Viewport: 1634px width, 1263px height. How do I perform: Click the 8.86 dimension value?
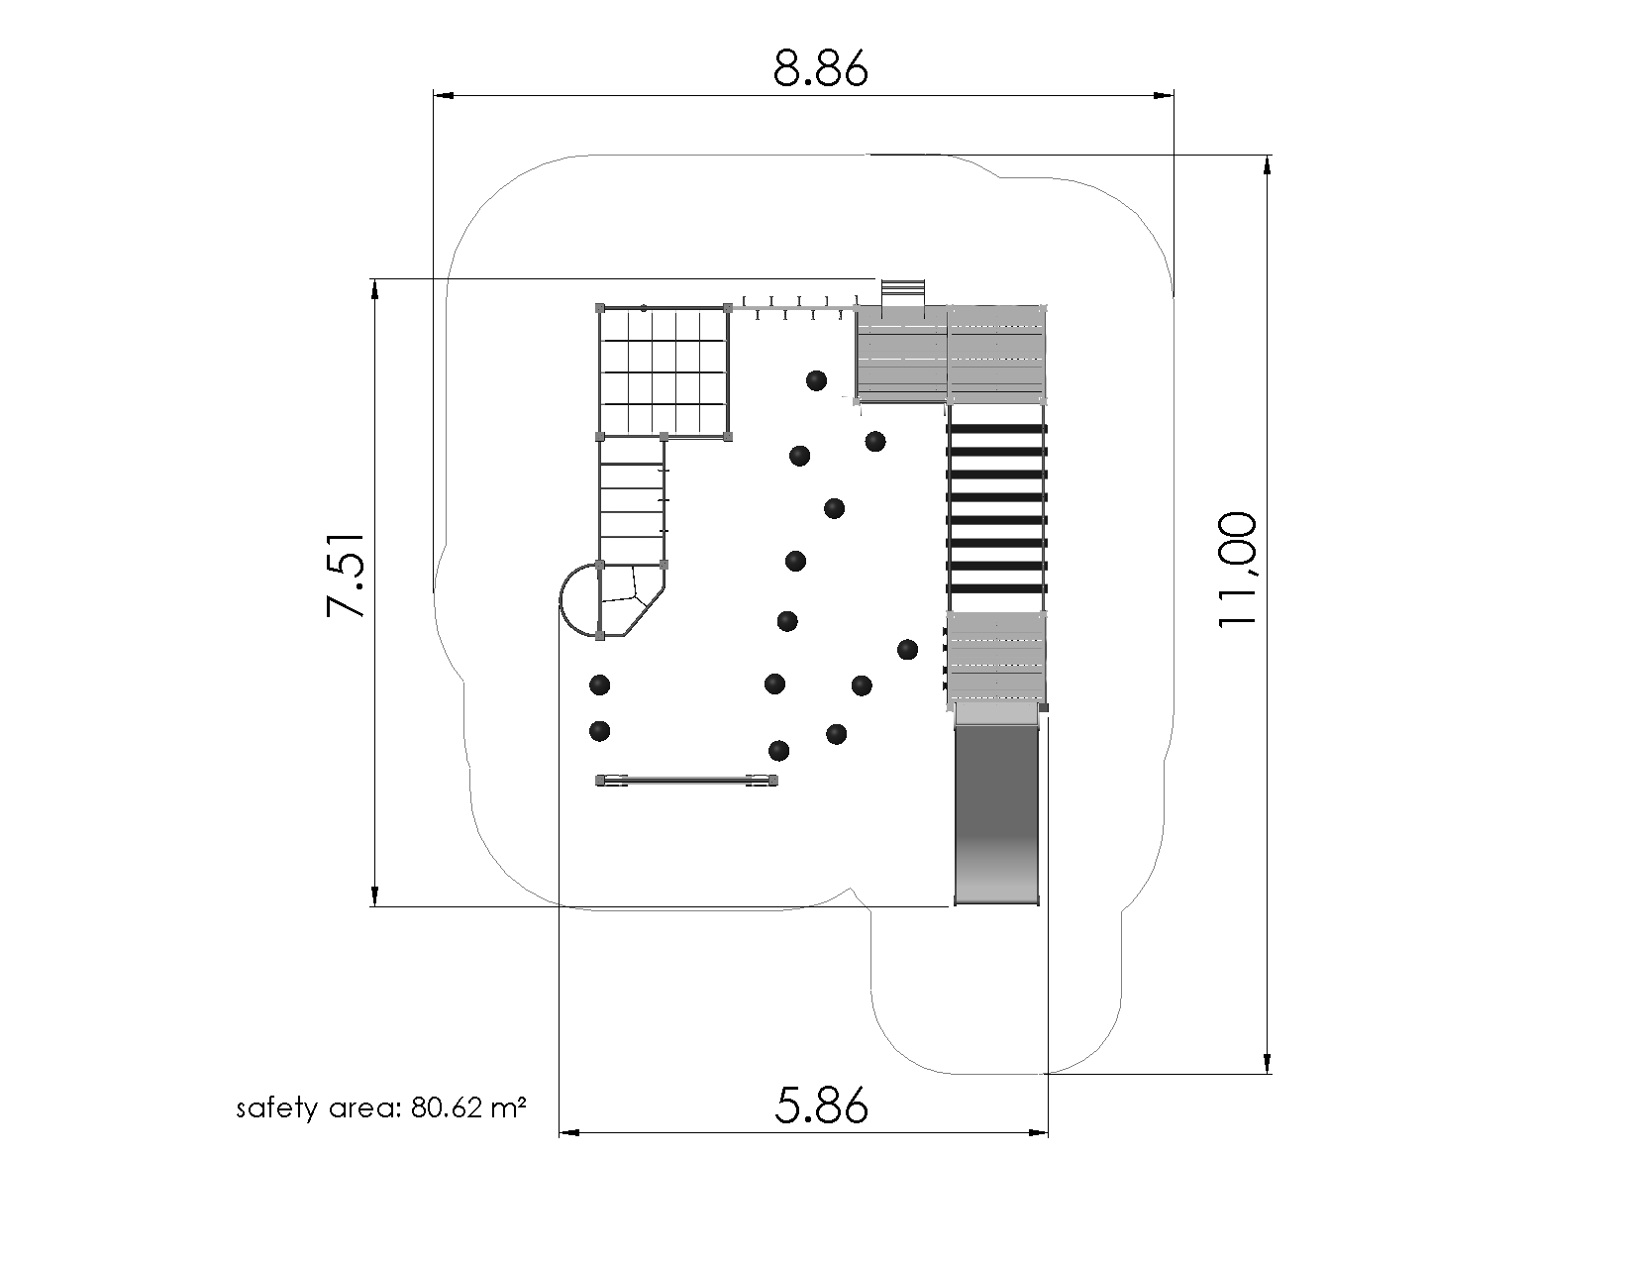(820, 69)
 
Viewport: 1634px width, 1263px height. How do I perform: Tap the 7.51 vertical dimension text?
(346, 577)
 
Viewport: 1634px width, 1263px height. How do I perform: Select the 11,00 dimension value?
(1236, 571)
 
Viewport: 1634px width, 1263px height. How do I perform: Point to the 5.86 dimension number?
(821, 1105)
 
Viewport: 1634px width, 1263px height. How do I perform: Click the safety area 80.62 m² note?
(381, 1108)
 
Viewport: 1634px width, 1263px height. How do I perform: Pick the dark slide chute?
(996, 814)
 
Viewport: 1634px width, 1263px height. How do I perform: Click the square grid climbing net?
(664, 372)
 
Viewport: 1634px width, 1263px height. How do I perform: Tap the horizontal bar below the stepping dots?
(686, 780)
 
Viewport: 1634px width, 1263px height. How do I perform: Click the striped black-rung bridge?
(996, 508)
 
